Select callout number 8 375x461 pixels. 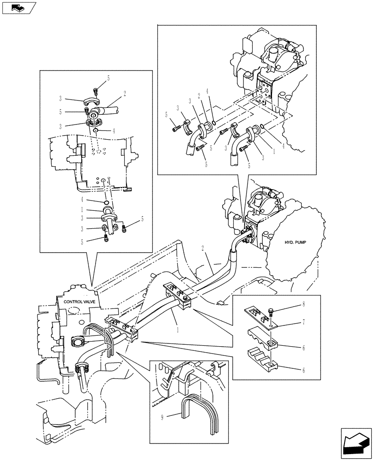tap(303, 304)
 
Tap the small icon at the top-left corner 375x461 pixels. tap(19, 7)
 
